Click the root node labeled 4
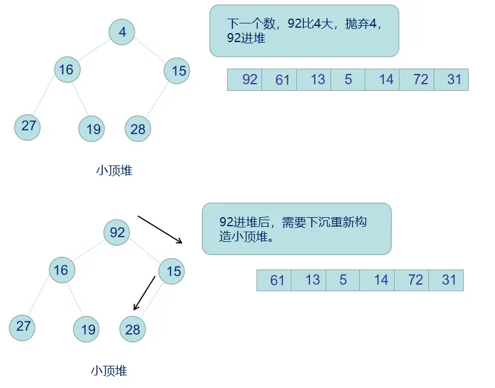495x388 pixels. tap(123, 32)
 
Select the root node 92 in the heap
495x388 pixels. tap(117, 232)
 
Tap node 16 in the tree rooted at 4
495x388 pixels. tap(67, 70)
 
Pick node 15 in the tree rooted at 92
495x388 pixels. tap(172, 271)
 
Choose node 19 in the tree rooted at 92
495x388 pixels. tap(88, 329)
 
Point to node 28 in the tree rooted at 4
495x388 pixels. tap(138, 129)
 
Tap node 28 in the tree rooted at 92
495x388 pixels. tap(133, 329)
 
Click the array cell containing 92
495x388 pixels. tap(245, 79)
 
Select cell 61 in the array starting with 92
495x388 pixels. tap(279, 79)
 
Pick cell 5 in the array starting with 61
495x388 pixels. tap(343, 280)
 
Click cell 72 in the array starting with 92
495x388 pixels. tap(416, 79)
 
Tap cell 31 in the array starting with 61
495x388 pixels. tap(446, 280)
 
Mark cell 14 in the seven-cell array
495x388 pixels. tap(382, 79)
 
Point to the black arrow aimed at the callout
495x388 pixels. tap(160, 229)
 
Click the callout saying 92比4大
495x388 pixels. tap(304, 31)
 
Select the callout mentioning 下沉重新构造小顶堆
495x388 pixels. tap(296, 229)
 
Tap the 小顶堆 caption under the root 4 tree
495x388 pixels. tap(114, 170)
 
